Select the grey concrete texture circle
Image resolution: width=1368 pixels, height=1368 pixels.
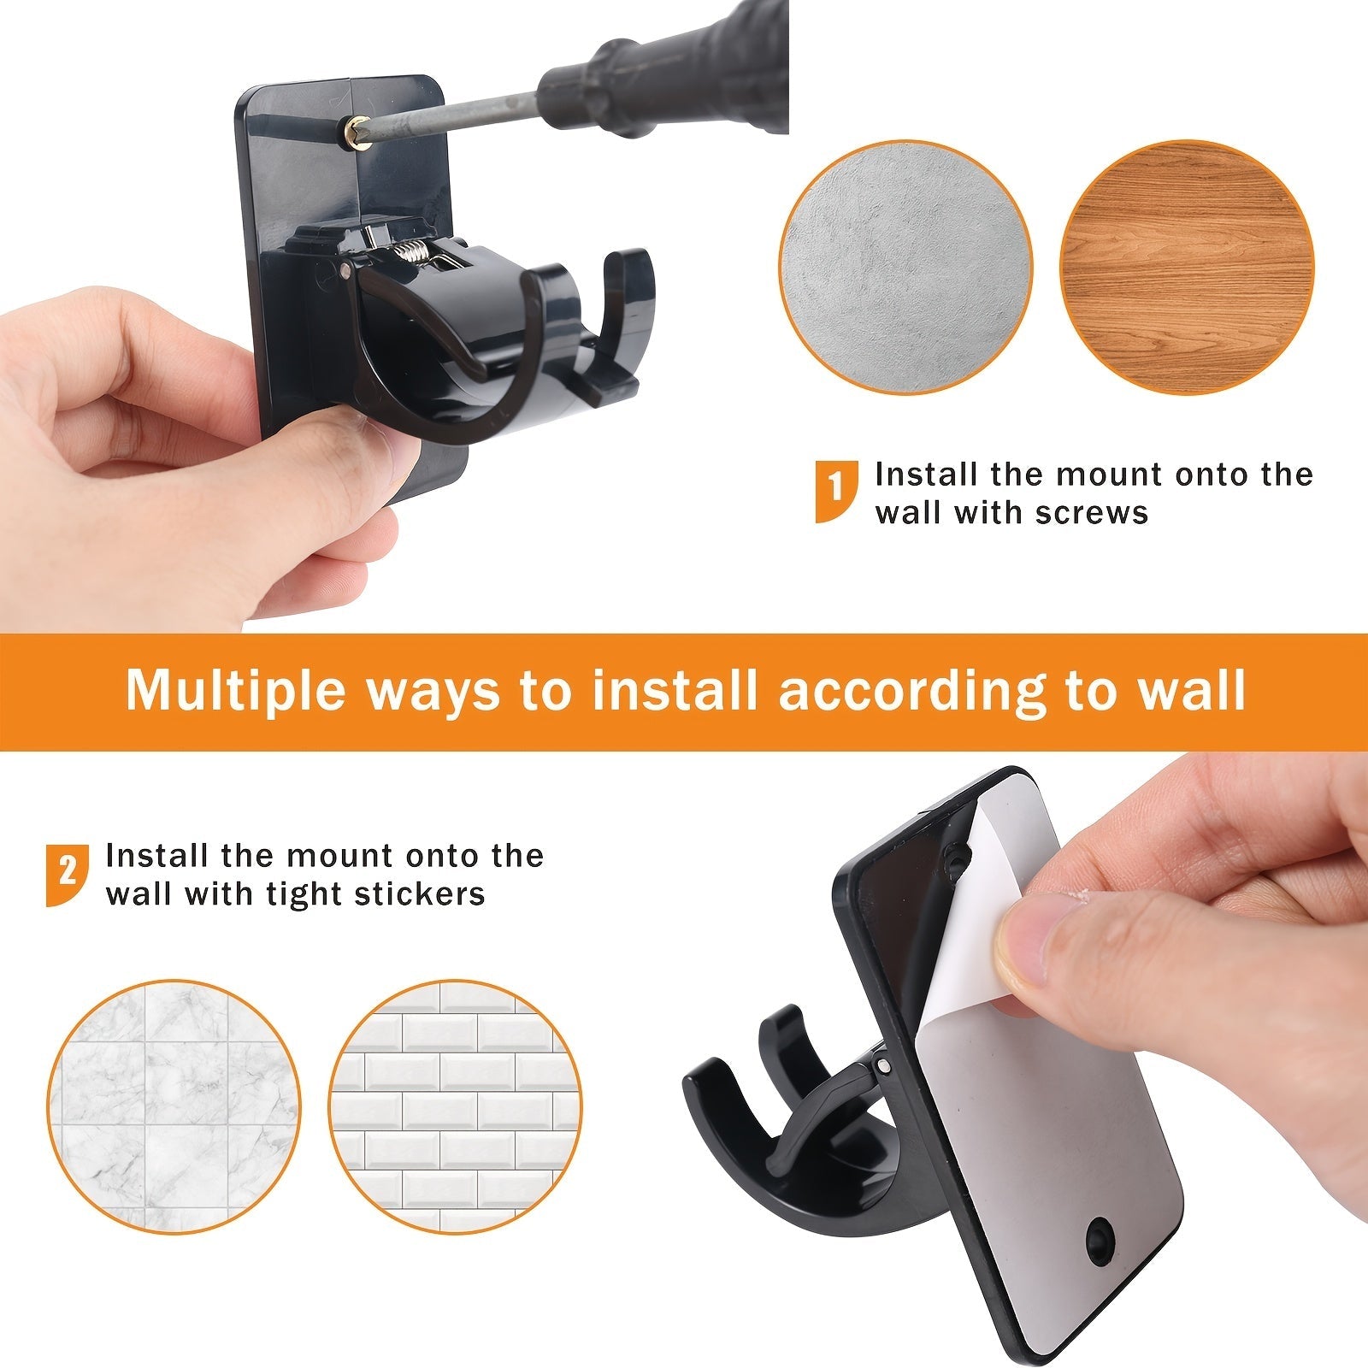[x=905, y=268]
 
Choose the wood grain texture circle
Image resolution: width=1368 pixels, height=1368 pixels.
[x=1187, y=268]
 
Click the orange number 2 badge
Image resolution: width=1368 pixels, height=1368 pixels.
[x=67, y=874]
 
